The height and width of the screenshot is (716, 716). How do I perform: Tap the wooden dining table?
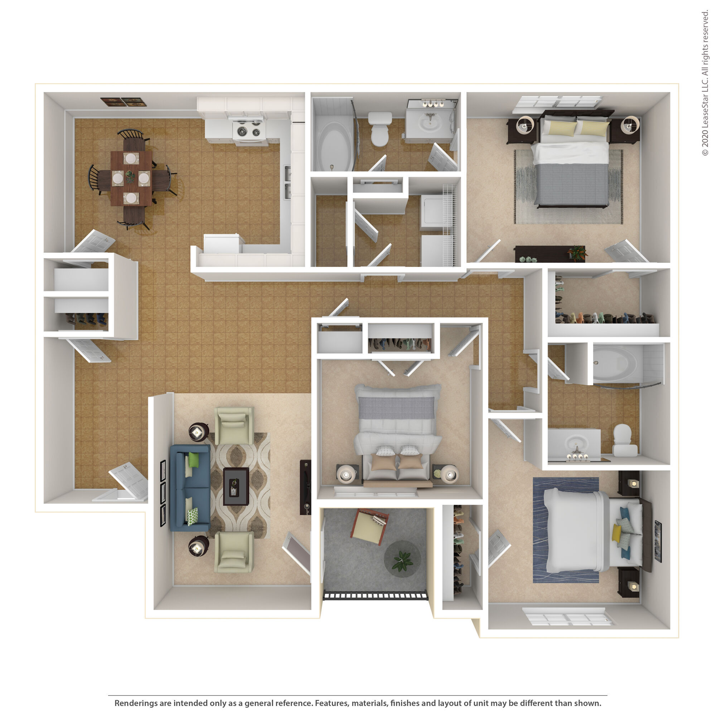(131, 178)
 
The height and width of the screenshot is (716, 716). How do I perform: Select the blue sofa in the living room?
(190, 488)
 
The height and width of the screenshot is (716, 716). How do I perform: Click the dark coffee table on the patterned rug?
(236, 486)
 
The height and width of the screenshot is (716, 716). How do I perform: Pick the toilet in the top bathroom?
(379, 129)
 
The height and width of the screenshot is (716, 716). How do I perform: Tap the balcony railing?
(376, 596)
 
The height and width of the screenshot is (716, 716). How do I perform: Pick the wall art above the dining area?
(124, 102)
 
